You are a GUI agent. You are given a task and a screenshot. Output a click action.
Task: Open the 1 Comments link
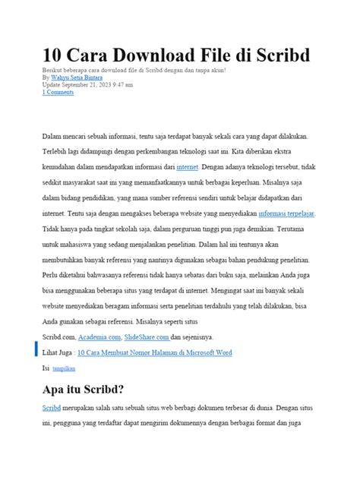click(58, 93)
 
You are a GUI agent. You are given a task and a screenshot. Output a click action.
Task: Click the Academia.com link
click(99, 336)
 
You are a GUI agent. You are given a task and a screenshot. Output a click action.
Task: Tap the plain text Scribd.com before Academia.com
click(59, 336)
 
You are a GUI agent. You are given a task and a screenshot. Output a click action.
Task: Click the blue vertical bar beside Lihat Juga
click(36, 349)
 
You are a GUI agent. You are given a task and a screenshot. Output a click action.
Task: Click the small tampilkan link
click(64, 368)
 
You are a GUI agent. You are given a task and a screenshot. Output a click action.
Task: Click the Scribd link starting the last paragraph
click(52, 409)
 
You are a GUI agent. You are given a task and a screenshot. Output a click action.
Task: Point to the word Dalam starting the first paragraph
click(52, 136)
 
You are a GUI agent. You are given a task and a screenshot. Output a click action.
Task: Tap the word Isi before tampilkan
click(46, 368)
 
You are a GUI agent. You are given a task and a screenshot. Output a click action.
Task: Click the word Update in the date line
click(52, 85)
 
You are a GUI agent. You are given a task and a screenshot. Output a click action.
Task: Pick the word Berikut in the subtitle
click(52, 70)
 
